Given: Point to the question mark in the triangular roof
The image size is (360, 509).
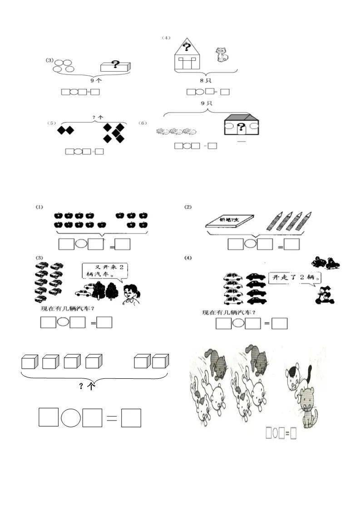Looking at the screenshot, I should (186, 46).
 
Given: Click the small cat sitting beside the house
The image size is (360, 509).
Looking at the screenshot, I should (222, 55).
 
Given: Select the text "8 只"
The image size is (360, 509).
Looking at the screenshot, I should (207, 80).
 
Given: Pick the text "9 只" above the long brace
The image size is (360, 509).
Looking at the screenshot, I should (207, 103).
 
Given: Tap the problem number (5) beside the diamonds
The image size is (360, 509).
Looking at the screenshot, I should (51, 123).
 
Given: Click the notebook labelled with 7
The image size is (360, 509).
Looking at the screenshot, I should (231, 220).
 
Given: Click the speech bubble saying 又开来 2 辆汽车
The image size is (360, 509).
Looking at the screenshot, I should (104, 271).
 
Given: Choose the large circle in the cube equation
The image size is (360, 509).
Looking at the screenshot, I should (70, 417).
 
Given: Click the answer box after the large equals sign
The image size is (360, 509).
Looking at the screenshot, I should (131, 417).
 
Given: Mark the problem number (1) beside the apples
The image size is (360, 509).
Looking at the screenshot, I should (39, 207).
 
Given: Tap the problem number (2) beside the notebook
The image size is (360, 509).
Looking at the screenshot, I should (188, 207).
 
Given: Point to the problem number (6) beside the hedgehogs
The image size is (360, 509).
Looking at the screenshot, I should (143, 123).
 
